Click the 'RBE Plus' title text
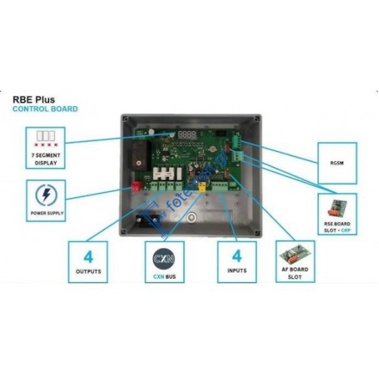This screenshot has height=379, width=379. (34, 99)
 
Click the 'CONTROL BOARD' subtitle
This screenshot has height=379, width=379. (45, 109)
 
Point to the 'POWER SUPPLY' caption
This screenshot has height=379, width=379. (46, 214)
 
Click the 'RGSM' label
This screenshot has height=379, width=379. (337, 163)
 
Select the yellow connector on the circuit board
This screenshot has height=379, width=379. (201, 185)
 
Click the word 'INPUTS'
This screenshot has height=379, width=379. (236, 272)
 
